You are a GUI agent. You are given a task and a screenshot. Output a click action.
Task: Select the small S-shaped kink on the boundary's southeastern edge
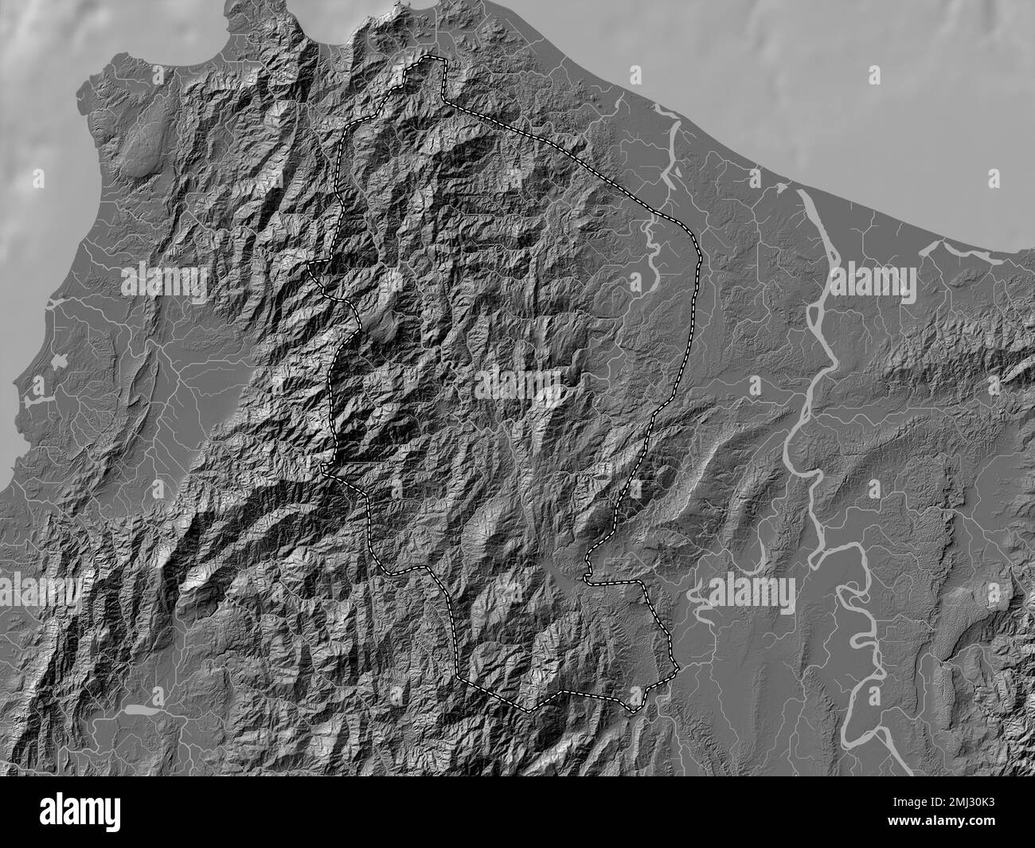point(587,568)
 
